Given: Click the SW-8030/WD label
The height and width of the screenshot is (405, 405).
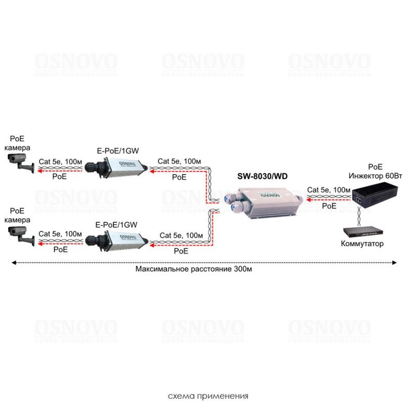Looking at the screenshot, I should (x=262, y=177).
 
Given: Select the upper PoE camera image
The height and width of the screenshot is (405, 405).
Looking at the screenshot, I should (x=22, y=161).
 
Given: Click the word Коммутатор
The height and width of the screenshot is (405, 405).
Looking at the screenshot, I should (x=363, y=244).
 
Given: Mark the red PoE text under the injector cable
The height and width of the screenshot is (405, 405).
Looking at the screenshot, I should (x=329, y=206).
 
